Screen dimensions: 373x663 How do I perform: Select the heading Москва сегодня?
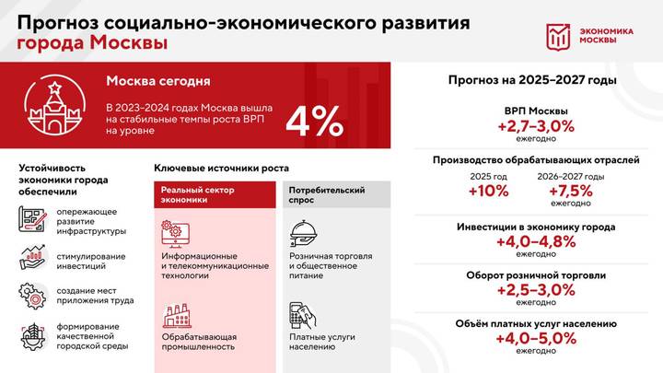pos(157,80)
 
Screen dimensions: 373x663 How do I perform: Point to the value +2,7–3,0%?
pos(535,125)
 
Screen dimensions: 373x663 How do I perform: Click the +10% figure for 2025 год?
pos(487,191)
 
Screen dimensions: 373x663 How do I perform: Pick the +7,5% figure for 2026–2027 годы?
pos(571,191)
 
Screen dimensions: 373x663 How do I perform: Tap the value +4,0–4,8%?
pos(536,241)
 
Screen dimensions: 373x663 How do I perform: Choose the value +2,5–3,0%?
pos(535,290)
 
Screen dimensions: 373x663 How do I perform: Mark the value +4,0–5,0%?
pos(535,338)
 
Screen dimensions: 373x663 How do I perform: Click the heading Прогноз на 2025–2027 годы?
pos(532,80)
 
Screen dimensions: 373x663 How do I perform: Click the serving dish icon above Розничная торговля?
pos(303,232)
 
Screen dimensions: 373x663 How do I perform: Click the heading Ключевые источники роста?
pos(220,168)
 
